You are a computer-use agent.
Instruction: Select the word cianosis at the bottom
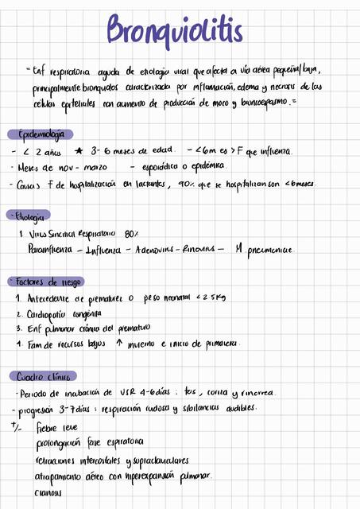pyautogui.click(x=50, y=492)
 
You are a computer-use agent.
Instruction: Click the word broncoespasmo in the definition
pyautogui.click(x=263, y=102)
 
